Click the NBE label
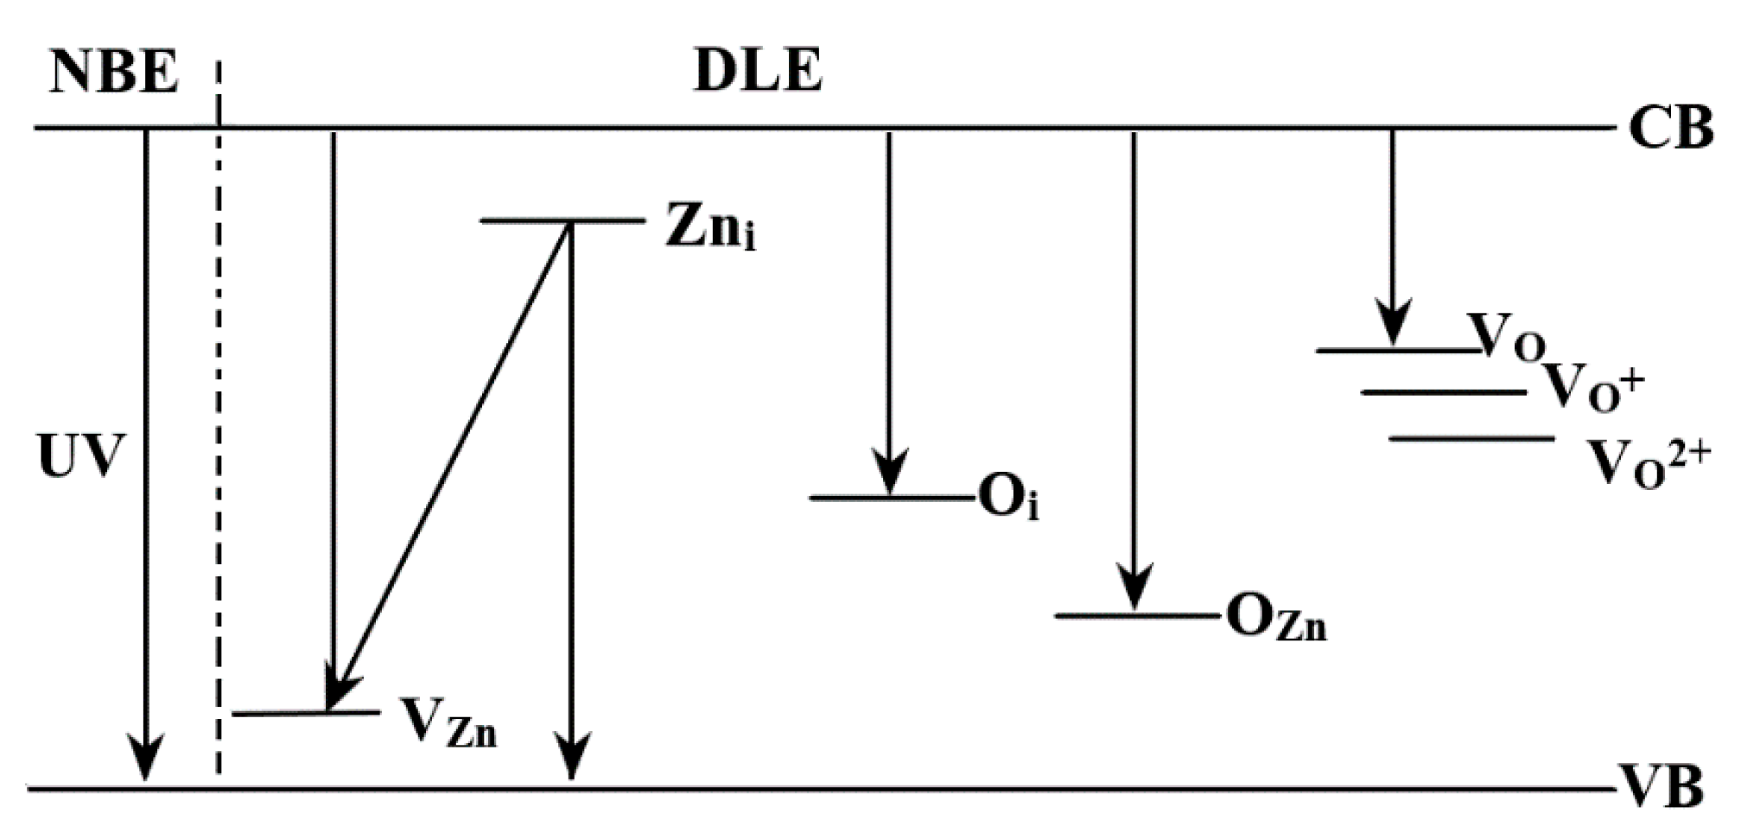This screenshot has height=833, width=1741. pos(114,72)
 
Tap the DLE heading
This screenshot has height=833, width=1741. pos(758,70)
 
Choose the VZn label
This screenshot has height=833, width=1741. pos(448,722)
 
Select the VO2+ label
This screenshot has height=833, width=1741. pos(1649,463)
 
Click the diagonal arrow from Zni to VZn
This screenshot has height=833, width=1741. pos(449,467)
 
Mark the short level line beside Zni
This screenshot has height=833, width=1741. pos(562,221)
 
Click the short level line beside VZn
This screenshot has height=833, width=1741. pos(307,713)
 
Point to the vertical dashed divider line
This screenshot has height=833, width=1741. pos(219,432)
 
